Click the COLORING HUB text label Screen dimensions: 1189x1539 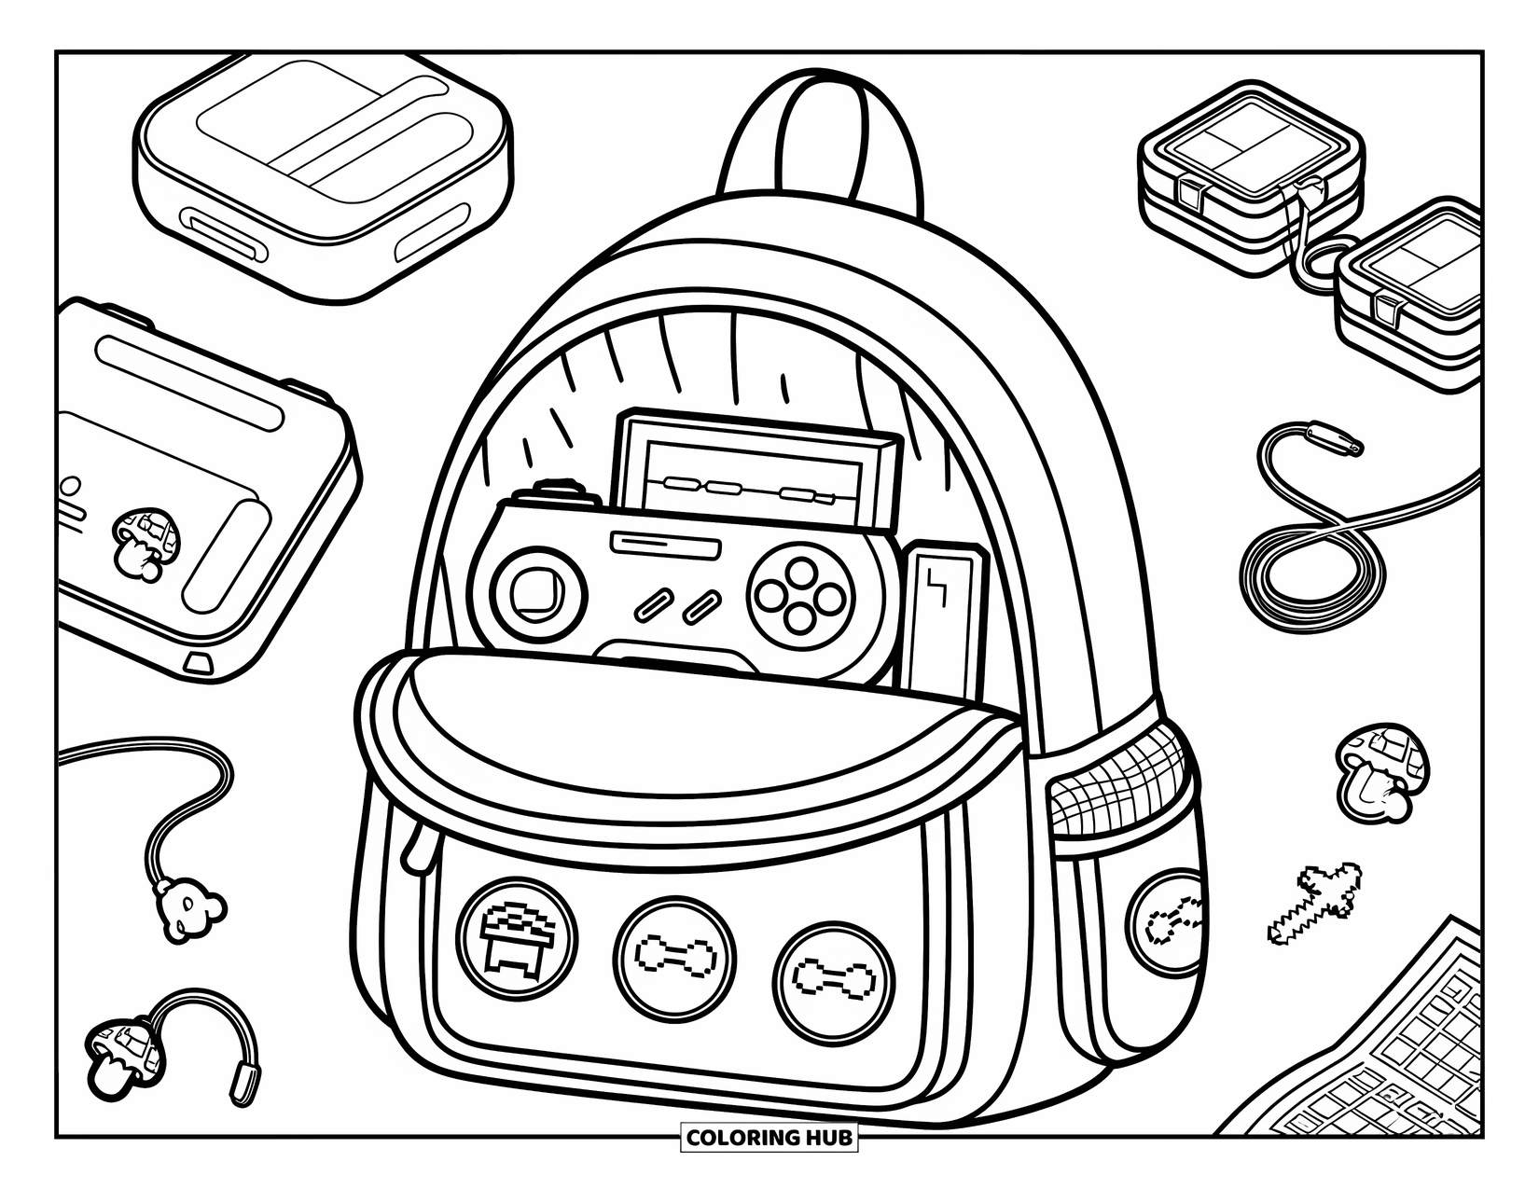click(x=769, y=1137)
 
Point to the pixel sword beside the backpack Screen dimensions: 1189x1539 click(x=1315, y=900)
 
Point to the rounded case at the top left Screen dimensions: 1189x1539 click(x=322, y=173)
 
